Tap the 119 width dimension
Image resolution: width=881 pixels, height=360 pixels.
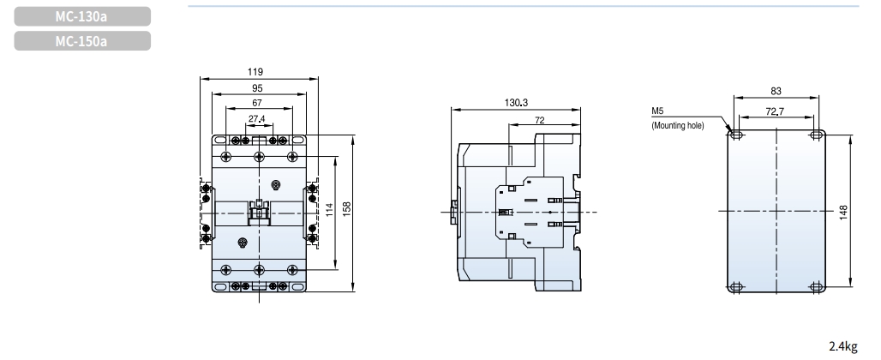point(256,71)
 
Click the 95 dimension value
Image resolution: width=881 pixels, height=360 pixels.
point(256,87)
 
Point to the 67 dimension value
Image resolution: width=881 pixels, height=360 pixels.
point(256,102)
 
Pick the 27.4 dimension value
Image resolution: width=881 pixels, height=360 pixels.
point(256,117)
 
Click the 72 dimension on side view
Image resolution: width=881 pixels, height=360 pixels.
point(539,120)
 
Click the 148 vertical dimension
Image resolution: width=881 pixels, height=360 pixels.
point(844,211)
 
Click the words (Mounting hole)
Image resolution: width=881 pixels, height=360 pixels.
point(677,125)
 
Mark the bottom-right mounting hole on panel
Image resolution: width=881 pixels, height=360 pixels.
point(815,286)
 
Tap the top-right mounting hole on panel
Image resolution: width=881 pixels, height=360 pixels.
point(815,135)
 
